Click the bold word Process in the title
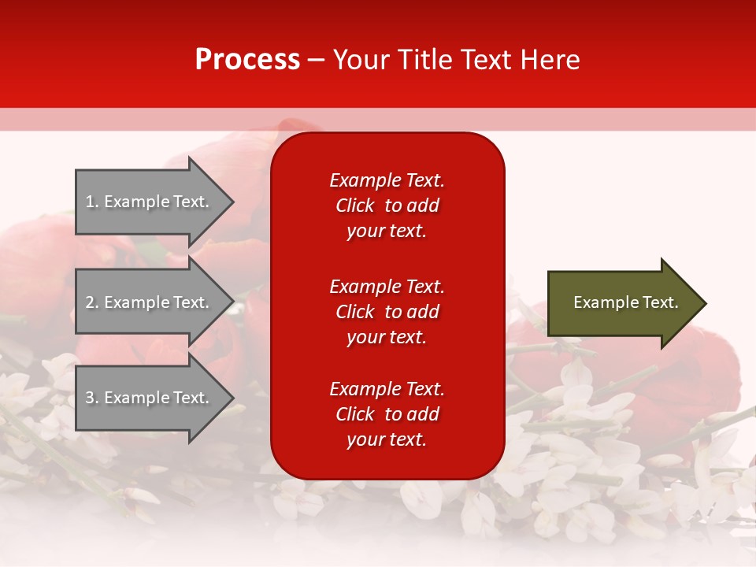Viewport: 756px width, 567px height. pyautogui.click(x=247, y=59)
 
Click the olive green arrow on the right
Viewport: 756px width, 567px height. pyautogui.click(x=622, y=303)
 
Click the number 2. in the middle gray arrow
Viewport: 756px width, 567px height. pyautogui.click(x=92, y=302)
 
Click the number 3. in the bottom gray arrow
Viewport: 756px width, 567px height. pyautogui.click(x=92, y=398)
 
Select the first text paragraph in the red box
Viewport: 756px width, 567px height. pyautogui.click(x=387, y=206)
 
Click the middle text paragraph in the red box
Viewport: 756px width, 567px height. pyautogui.click(x=387, y=312)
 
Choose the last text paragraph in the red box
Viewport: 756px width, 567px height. pyautogui.click(x=387, y=414)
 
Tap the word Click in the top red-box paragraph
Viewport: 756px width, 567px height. pyautogui.click(x=354, y=206)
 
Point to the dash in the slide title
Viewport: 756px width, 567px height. pyautogui.click(x=317, y=60)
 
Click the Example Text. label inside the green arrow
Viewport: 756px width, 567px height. pyautogui.click(x=625, y=302)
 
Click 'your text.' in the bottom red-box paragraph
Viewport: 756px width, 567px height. pyautogui.click(x=387, y=439)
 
